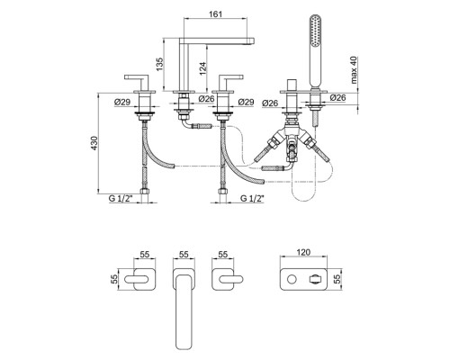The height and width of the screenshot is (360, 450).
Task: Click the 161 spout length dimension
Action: pyautogui.click(x=215, y=14)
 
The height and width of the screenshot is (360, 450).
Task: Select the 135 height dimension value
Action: pyautogui.click(x=159, y=64)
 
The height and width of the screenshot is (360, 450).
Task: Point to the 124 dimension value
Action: pyautogui.click(x=202, y=68)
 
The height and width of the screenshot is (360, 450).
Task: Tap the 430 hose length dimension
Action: pyautogui.click(x=94, y=143)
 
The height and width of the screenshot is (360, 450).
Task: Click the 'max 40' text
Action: pyautogui.click(x=354, y=69)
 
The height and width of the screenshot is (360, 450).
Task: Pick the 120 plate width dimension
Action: pyautogui.click(x=303, y=252)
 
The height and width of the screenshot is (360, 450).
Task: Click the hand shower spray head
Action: pyautogui.click(x=316, y=31)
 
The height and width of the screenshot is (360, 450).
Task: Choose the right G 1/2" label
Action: pyautogui.click(x=252, y=198)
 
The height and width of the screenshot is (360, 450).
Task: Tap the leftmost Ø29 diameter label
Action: pyautogui.click(x=122, y=103)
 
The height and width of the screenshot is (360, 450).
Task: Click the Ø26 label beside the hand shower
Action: pyautogui.click(x=337, y=97)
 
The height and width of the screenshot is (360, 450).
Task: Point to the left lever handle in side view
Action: pyautogui.click(x=137, y=77)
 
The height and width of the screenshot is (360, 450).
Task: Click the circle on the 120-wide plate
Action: pyautogui.click(x=292, y=280)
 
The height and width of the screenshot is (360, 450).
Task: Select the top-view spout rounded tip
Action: pyautogui.click(x=184, y=345)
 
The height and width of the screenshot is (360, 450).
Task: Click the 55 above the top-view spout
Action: pyautogui.click(x=184, y=254)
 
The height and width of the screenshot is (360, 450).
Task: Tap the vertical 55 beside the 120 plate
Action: pyautogui.click(x=337, y=280)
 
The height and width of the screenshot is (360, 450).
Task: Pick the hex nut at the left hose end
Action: pyautogui.click(x=144, y=192)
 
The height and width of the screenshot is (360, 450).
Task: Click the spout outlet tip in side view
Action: pyautogui.click(x=251, y=40)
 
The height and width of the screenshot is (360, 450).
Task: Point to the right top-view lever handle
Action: pyautogui.click(x=231, y=280)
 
